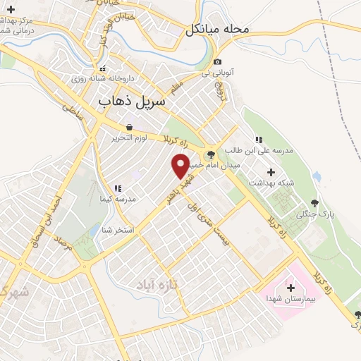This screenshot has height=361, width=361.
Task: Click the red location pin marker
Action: click(x=181, y=166)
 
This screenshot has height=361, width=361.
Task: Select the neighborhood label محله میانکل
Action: click(x=219, y=30)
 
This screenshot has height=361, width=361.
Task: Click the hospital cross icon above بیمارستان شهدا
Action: click(x=290, y=287)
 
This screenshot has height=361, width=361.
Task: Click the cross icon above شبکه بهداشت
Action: click(x=271, y=171)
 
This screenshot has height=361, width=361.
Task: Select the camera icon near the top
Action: click(x=217, y=62)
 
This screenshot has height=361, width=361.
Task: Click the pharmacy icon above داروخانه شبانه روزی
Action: click(x=104, y=69)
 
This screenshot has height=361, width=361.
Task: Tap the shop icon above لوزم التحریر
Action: click(x=128, y=128)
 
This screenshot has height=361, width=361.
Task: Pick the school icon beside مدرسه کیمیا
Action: click(x=118, y=188)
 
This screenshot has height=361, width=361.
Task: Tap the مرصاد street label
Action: click(x=65, y=247)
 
